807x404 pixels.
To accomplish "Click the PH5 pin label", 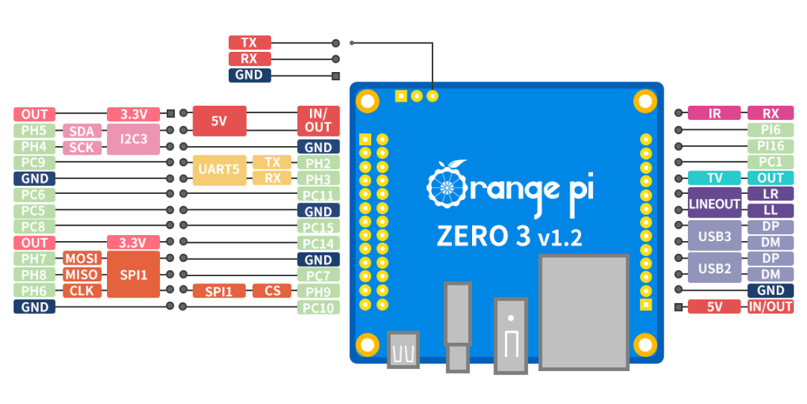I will pyautogui.click(x=34, y=131).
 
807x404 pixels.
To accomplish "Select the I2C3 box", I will pyautogui.click(x=133, y=139).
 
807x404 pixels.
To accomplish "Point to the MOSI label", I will pyautogui.click(x=82, y=259).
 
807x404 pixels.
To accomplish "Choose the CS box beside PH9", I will pyautogui.click(x=272, y=292).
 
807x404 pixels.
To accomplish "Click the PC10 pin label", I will pyautogui.click(x=318, y=308).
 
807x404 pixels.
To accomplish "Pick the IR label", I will pyautogui.click(x=714, y=114).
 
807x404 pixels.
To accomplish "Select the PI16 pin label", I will pyautogui.click(x=770, y=146).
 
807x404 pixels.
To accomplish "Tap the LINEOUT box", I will pyautogui.click(x=714, y=203).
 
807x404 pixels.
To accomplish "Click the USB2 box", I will pyautogui.click(x=714, y=268).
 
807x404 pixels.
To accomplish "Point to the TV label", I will pyautogui.click(x=714, y=178).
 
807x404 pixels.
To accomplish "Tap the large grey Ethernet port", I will pyautogui.click(x=584, y=311).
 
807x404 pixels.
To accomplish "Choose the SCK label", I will pyautogui.click(x=82, y=147).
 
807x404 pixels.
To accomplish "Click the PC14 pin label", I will pyautogui.click(x=318, y=244).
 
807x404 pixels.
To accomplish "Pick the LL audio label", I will pyautogui.click(x=770, y=211).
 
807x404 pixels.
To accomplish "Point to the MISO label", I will pyautogui.click(x=82, y=275).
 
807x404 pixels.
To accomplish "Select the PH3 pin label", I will pyautogui.click(x=318, y=179).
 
